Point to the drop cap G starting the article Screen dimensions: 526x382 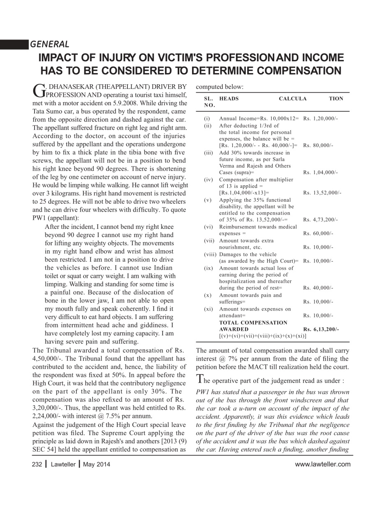pyautogui.click(x=37, y=90)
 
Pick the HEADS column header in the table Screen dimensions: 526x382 pyautogui.click(x=229, y=99)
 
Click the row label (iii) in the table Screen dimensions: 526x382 pyautogui.click(x=208, y=152)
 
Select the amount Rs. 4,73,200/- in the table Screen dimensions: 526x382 pyautogui.click(x=320, y=220)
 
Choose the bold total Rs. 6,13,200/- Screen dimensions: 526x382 pyautogui.click(x=321, y=329)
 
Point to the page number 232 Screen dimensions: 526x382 pyautogui.click(x=37, y=464)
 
